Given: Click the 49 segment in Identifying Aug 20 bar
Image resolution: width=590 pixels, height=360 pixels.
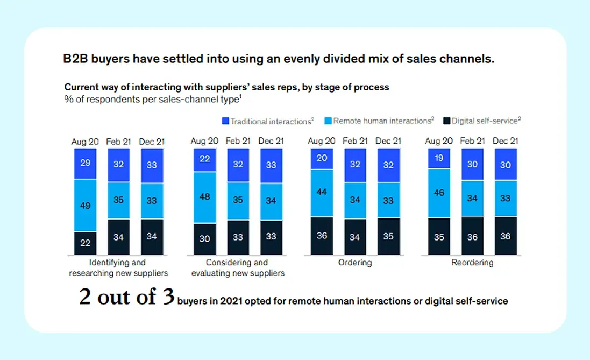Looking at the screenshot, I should coord(86,205).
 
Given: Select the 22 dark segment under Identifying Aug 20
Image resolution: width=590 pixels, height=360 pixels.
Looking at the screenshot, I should coord(86,243).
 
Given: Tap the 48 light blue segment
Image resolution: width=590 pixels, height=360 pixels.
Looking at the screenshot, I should coord(204,197).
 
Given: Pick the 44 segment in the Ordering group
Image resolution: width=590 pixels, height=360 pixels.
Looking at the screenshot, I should coord(322,193).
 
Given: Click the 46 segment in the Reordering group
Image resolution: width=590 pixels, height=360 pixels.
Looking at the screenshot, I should coord(439,193).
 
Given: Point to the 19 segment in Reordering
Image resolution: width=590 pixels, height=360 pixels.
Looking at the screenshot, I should coord(439,158).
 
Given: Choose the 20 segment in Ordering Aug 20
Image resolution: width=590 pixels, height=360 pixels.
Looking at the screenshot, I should coord(322,159).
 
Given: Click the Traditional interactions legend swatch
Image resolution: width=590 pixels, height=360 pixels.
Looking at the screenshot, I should coord(226,121).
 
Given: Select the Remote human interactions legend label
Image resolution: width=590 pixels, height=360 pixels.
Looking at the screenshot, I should coord(383,121).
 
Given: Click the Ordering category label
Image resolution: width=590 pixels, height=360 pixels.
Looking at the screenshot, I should coord(355,263).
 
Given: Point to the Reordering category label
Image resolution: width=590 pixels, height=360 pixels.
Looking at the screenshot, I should coord(472,263).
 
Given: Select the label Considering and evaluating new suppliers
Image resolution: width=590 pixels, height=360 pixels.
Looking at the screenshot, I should coord(238,268).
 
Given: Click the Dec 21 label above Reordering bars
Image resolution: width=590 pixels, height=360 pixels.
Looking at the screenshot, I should coord(506,141).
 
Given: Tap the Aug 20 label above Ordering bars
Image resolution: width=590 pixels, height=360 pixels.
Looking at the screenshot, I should coord(322,141).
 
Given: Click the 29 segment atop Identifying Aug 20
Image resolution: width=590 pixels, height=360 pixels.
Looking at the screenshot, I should coord(86,163).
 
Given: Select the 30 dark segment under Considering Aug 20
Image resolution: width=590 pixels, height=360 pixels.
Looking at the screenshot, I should coord(204,239).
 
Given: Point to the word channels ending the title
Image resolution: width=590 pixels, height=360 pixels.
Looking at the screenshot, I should coord(471,59).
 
